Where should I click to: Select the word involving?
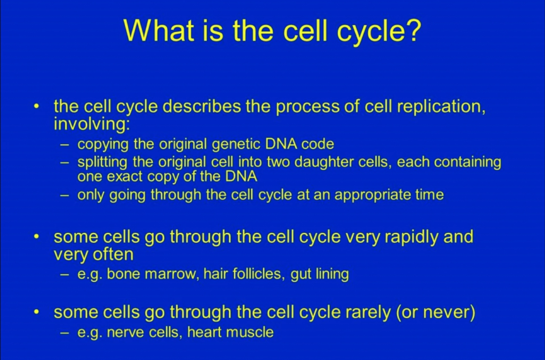pyautogui.click(x=92, y=124)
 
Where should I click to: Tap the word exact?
pyautogui.click(x=124, y=176)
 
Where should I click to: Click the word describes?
pyautogui.click(x=202, y=107)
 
